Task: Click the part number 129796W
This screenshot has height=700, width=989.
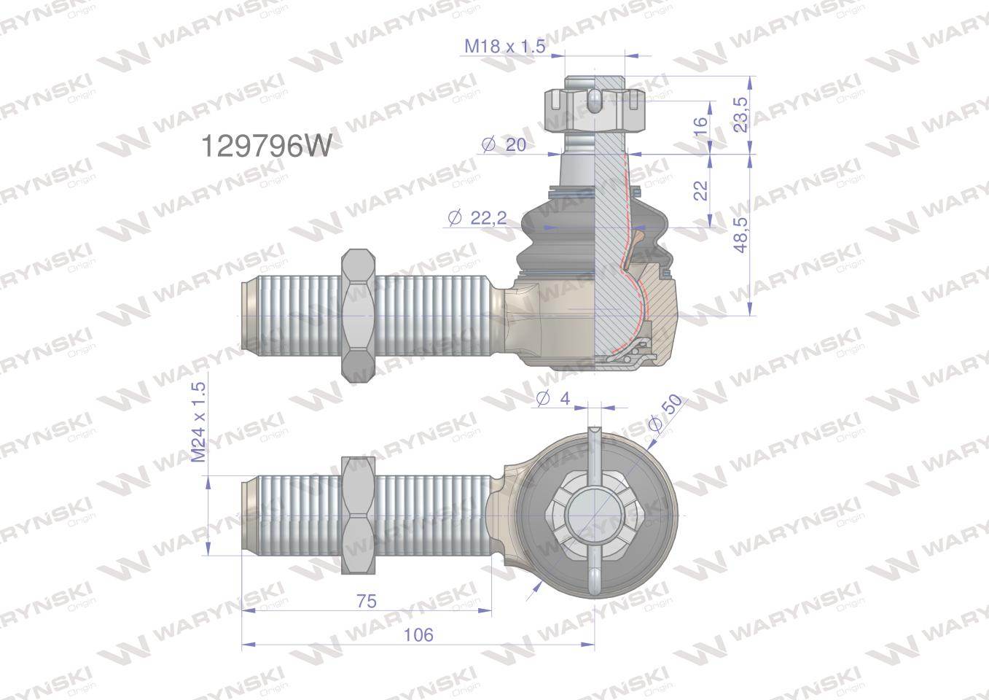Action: [x=265, y=147]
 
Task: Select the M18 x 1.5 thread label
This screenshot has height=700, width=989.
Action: [x=505, y=47]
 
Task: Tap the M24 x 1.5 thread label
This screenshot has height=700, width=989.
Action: [x=198, y=423]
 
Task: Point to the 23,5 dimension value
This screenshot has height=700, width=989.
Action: [x=741, y=114]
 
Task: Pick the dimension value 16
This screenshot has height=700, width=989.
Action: [x=700, y=125]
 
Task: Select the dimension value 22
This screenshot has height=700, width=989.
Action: [x=700, y=190]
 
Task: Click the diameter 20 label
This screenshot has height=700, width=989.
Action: [x=504, y=145]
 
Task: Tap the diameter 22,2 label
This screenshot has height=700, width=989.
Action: [x=478, y=217]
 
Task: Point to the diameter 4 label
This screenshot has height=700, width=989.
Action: [x=552, y=399]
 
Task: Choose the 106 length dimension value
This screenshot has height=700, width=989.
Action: [x=418, y=634]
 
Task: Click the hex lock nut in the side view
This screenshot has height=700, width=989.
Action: [x=357, y=316]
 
